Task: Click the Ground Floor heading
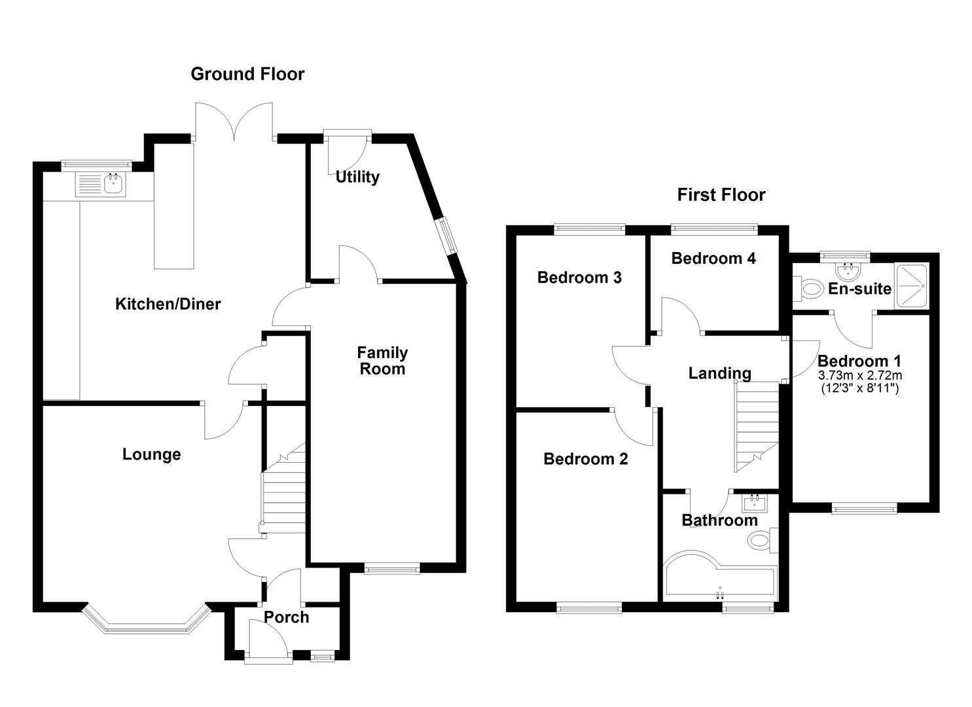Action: click(x=247, y=74)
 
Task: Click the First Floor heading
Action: click(x=721, y=195)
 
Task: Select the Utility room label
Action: click(x=357, y=177)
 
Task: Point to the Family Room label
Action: click(x=382, y=361)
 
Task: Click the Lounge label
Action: click(x=151, y=454)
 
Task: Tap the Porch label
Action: click(x=286, y=617)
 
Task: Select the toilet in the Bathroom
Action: click(x=761, y=540)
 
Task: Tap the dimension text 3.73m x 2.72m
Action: click(x=859, y=376)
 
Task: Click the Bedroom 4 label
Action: click(x=713, y=259)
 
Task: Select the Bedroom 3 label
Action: click(x=579, y=278)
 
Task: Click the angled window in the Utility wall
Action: click(x=449, y=234)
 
